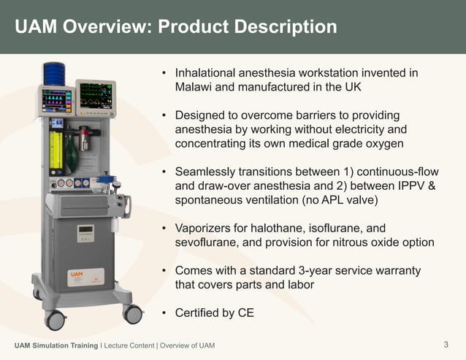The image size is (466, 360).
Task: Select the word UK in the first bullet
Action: click(352, 87)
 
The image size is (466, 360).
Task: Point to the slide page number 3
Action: click(446, 344)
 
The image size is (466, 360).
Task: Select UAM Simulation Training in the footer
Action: click(56, 345)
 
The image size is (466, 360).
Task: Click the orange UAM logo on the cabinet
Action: click(76, 275)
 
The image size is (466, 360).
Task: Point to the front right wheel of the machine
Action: click(132, 314)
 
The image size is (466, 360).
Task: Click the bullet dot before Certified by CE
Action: click(165, 313)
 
